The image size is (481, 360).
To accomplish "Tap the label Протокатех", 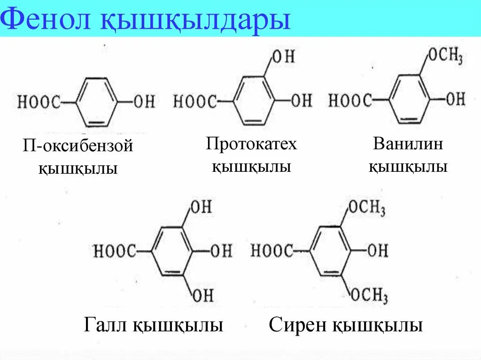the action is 251,144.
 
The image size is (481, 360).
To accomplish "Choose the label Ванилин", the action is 408,144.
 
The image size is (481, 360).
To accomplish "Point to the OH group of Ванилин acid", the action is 455,99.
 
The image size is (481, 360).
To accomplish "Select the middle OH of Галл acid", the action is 221,251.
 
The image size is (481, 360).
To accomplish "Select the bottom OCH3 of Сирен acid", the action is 369,295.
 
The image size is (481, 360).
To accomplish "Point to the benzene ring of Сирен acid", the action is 331,251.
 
